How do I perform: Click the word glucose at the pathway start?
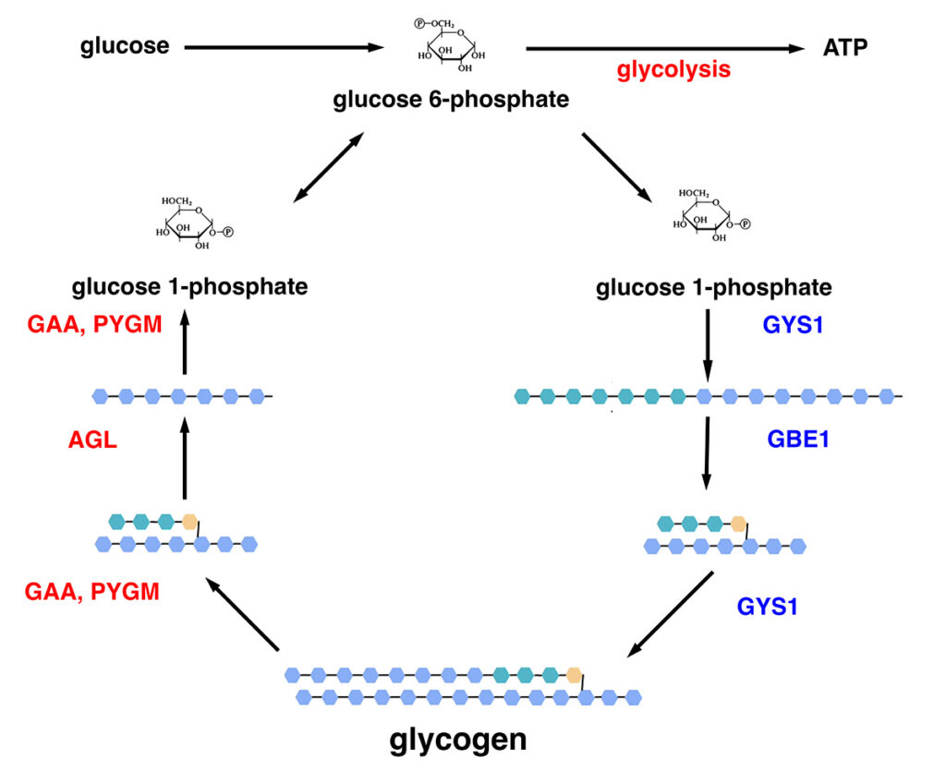(125, 45)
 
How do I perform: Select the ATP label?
(845, 48)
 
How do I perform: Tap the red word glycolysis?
(673, 69)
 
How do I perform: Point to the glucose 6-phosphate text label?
(451, 99)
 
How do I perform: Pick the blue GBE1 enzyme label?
(798, 439)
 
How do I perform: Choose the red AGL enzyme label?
(92, 440)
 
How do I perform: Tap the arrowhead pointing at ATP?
(795, 49)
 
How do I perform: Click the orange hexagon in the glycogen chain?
(575, 674)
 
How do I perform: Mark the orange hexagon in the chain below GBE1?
(739, 523)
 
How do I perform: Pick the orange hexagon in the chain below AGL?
(190, 521)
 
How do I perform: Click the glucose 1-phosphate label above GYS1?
(713, 288)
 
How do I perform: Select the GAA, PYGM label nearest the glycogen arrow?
(92, 591)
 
